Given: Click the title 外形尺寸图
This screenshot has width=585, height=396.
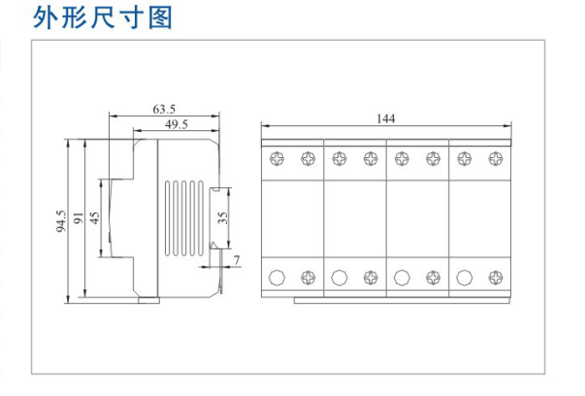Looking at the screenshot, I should coord(102,18).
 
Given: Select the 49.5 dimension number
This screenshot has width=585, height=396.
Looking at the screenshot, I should coord(176,124).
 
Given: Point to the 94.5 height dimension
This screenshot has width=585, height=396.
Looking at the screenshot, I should coord(61,221).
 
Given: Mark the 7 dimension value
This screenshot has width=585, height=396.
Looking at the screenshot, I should coord(238,259).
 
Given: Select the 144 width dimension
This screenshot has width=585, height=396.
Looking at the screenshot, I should coord(385,118).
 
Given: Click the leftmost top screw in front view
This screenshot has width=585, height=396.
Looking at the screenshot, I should coord(276,158).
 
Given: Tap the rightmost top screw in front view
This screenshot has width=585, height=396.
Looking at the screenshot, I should coord(494,158).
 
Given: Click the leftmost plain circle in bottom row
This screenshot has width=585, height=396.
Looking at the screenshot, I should coord(276,279).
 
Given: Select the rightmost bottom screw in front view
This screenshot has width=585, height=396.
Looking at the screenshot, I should coord(494,279).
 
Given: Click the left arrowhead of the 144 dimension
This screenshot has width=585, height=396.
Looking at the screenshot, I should coord(264,125).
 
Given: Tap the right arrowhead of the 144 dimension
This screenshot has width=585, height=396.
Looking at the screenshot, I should coord(506,125).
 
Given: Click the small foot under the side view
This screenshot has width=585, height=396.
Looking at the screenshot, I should coord(147,301).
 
